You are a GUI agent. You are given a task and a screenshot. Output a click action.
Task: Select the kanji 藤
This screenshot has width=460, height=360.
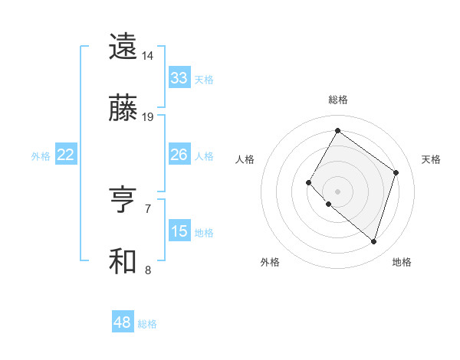point(123,110)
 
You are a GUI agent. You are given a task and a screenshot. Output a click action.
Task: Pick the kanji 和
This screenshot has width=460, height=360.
point(123,262)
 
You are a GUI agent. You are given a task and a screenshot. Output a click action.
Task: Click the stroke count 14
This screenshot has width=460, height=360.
point(148,56)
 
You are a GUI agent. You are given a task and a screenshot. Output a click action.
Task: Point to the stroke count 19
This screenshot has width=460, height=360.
point(148,117)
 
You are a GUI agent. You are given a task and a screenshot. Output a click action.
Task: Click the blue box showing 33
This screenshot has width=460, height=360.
point(179,78)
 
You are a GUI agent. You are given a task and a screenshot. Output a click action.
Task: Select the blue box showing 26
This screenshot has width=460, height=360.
point(179,155)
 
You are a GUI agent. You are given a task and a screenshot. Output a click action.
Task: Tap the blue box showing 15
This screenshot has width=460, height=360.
point(179,231)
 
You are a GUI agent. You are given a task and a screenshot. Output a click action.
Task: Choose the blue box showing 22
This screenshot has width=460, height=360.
point(66,155)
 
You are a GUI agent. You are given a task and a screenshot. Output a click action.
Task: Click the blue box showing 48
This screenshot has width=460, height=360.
point(123,322)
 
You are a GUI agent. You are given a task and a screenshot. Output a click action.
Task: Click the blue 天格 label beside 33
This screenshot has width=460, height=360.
point(204,79)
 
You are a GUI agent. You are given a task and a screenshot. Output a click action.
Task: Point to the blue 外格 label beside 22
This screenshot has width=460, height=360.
point(41,155)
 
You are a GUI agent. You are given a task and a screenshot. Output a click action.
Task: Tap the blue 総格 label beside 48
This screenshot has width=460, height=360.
point(147,323)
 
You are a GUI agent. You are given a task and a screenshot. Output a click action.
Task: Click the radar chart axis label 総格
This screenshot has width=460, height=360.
point(337,100)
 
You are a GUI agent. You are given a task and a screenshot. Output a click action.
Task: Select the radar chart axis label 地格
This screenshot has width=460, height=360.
point(402,262)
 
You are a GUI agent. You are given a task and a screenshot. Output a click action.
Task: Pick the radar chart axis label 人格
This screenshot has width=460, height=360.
point(245,159)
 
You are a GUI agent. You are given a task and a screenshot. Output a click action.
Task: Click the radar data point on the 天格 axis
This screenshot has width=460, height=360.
point(396,172)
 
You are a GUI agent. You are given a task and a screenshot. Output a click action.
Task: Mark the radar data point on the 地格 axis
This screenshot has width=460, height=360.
point(373,242)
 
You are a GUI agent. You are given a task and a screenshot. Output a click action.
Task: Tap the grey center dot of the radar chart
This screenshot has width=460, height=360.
point(337,191)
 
